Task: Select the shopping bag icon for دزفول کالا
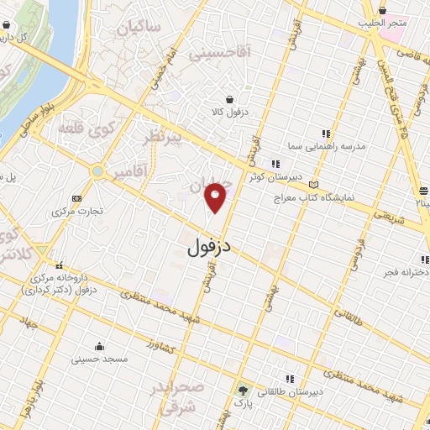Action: [x=228, y=98]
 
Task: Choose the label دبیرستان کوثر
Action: [x=267, y=177]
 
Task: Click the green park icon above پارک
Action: [x=244, y=391]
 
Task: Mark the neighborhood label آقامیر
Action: [x=133, y=172]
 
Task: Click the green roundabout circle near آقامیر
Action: [x=98, y=171]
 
